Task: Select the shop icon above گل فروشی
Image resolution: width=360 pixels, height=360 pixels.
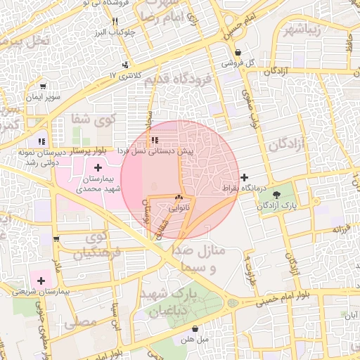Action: click(238, 53)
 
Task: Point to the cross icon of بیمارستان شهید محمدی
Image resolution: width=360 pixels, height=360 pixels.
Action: click(97, 167)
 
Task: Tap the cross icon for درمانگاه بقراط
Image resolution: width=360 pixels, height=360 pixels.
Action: click(244, 177)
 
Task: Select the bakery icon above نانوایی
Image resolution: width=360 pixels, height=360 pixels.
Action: click(178, 198)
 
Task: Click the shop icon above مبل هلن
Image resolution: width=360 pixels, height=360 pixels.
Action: click(195, 328)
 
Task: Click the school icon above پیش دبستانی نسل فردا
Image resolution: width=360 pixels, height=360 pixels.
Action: click(154, 140)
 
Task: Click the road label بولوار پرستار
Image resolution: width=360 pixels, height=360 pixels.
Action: click(92, 150)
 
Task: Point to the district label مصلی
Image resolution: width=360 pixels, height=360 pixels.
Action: click(79, 324)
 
